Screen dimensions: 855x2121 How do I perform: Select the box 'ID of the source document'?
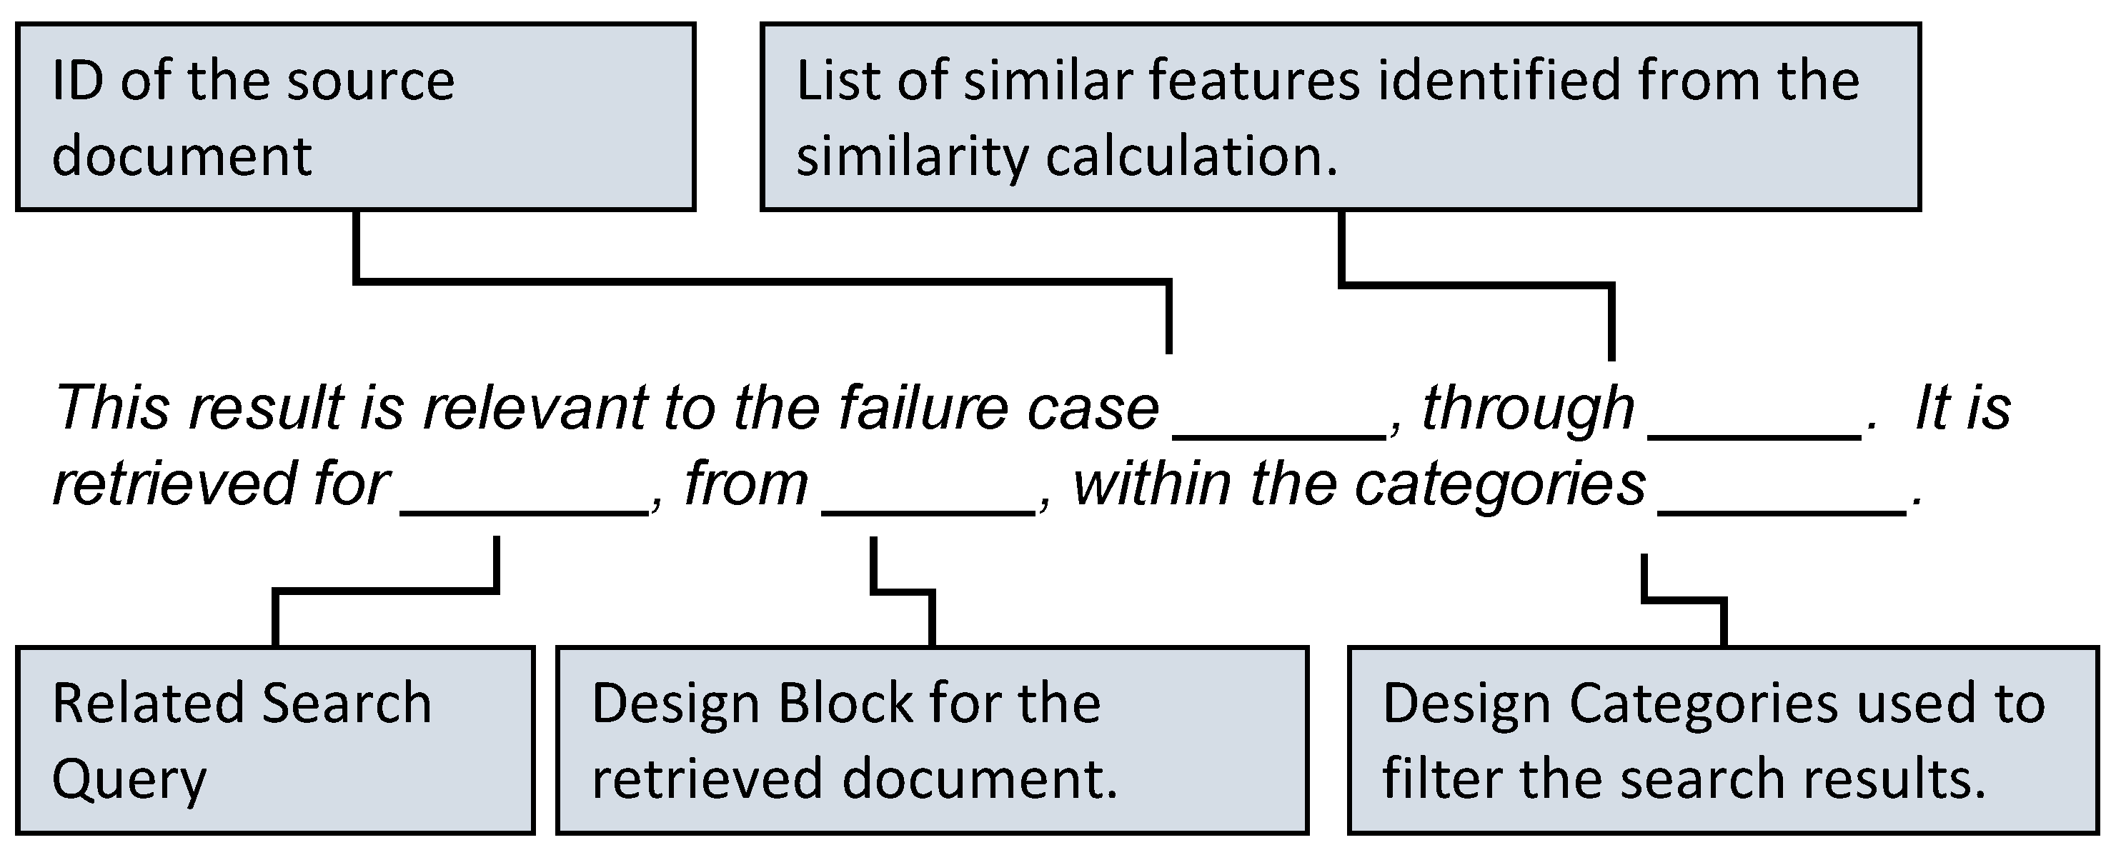pyautogui.click(x=355, y=117)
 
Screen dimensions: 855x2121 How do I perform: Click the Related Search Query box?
pyautogui.click(x=275, y=741)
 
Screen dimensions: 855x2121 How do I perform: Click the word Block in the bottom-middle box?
pyautogui.click(x=845, y=704)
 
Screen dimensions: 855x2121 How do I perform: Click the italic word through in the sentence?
pyautogui.click(x=1527, y=408)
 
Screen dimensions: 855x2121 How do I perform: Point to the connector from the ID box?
pyautogui.click(x=762, y=281)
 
